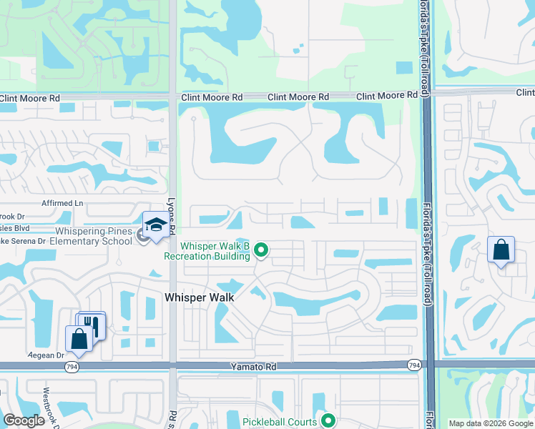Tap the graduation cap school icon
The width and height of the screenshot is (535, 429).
pyautogui.click(x=156, y=226)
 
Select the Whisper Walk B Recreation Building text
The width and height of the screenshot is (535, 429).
pyautogui.click(x=206, y=251)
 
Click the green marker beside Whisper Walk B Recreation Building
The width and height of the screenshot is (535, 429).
pyautogui.click(x=262, y=250)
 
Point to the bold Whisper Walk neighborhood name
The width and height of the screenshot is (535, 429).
pyautogui.click(x=200, y=296)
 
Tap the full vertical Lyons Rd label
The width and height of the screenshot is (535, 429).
pyautogui.click(x=171, y=217)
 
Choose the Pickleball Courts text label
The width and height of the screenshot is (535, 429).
pyautogui.click(x=279, y=422)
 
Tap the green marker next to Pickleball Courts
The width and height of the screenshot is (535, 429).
pyautogui.click(x=328, y=421)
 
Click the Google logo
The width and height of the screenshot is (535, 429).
pyautogui.click(x=24, y=420)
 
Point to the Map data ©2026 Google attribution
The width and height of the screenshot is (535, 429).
pyautogui.click(x=490, y=423)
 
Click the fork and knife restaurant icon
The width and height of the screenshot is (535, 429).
pyautogui.click(x=92, y=326)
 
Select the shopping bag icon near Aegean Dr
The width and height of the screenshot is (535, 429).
pyautogui.click(x=78, y=339)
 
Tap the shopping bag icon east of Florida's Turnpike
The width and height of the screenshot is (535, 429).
pyautogui.click(x=501, y=250)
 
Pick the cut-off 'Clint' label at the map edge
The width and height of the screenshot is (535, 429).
pyautogui.click(x=526, y=92)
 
